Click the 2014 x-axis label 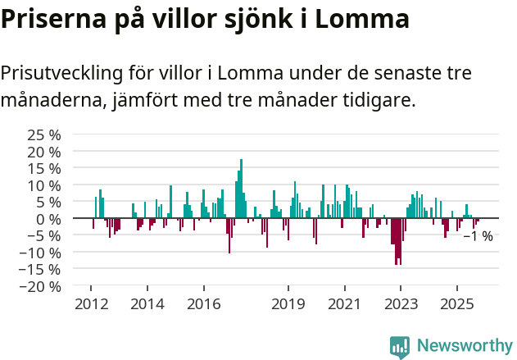click(147, 304)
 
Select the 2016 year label click(203, 304)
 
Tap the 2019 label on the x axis click(288, 304)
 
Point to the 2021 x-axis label click(344, 304)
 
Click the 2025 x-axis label click(456, 304)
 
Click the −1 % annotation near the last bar click(478, 236)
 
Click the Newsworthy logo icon click(400, 346)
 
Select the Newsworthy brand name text click(465, 346)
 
